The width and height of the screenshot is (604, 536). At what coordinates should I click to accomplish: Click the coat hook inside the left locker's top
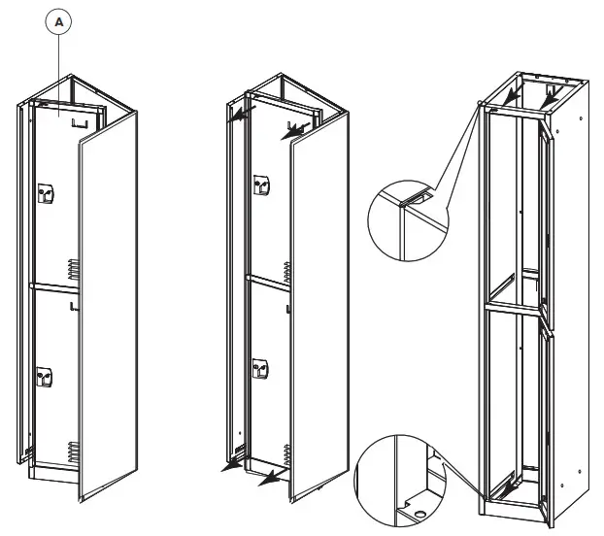click(x=84, y=121)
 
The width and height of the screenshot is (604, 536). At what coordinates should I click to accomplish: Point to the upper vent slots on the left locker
click(x=71, y=267)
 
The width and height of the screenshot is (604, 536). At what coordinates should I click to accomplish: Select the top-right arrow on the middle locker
click(x=292, y=128)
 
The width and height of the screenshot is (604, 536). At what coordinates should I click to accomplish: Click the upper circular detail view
click(x=404, y=218)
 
